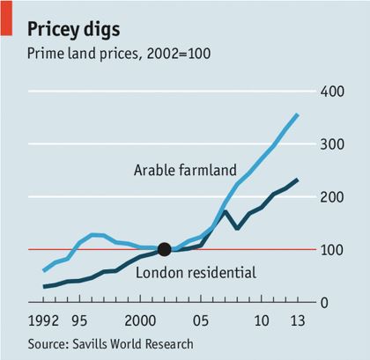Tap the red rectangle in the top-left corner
point(6,18)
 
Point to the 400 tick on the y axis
point(330,92)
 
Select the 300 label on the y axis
point(330,144)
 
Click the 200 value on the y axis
point(330,197)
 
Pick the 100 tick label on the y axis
point(330,250)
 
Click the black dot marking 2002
point(164,249)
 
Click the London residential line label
point(196,273)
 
